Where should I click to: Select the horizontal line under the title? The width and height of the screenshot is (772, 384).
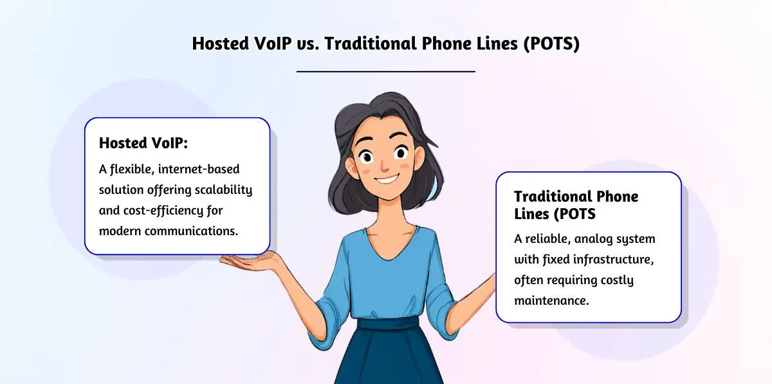click(x=385, y=72)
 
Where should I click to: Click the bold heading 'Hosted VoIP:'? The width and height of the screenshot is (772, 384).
click(x=143, y=143)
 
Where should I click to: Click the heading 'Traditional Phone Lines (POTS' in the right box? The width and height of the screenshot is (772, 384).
click(x=576, y=204)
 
